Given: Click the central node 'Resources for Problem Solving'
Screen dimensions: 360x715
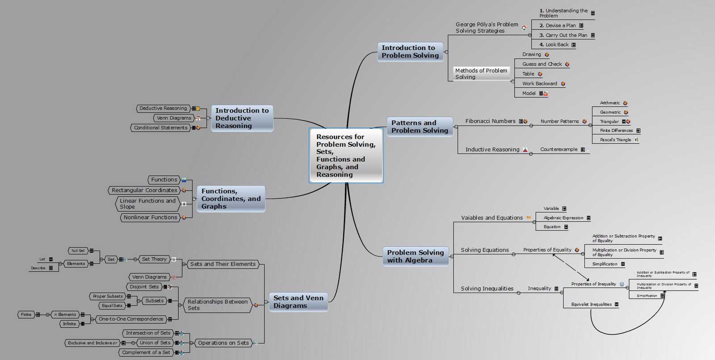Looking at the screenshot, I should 346,155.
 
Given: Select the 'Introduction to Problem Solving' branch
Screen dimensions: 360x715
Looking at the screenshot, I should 410,52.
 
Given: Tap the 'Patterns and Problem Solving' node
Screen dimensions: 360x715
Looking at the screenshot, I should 420,127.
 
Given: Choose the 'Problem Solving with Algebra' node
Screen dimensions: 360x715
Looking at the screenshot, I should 415,256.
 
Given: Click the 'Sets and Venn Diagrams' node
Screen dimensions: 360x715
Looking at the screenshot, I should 298,302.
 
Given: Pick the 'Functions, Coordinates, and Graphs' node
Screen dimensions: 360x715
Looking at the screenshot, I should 231,199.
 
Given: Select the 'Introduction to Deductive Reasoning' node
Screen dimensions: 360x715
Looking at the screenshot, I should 242,118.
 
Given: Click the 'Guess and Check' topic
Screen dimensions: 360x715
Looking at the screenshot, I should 542,64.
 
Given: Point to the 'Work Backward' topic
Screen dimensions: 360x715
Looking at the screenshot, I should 540,84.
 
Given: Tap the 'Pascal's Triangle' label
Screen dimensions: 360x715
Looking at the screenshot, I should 615,140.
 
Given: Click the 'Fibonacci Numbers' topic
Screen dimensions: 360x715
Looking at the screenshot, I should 490,121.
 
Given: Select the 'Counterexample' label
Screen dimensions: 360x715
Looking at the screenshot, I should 559,150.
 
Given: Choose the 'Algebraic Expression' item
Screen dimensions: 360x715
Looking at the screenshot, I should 563,218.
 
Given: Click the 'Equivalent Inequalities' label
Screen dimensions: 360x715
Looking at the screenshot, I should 591,305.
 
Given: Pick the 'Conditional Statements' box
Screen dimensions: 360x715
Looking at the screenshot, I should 161,128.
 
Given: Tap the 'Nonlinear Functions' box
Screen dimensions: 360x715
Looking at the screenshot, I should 151,218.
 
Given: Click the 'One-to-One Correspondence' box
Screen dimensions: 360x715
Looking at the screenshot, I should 131,319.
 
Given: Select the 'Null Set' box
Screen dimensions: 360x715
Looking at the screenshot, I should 78,251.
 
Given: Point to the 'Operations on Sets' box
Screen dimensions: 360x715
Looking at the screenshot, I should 223,343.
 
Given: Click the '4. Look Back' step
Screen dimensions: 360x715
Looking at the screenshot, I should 554,45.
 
